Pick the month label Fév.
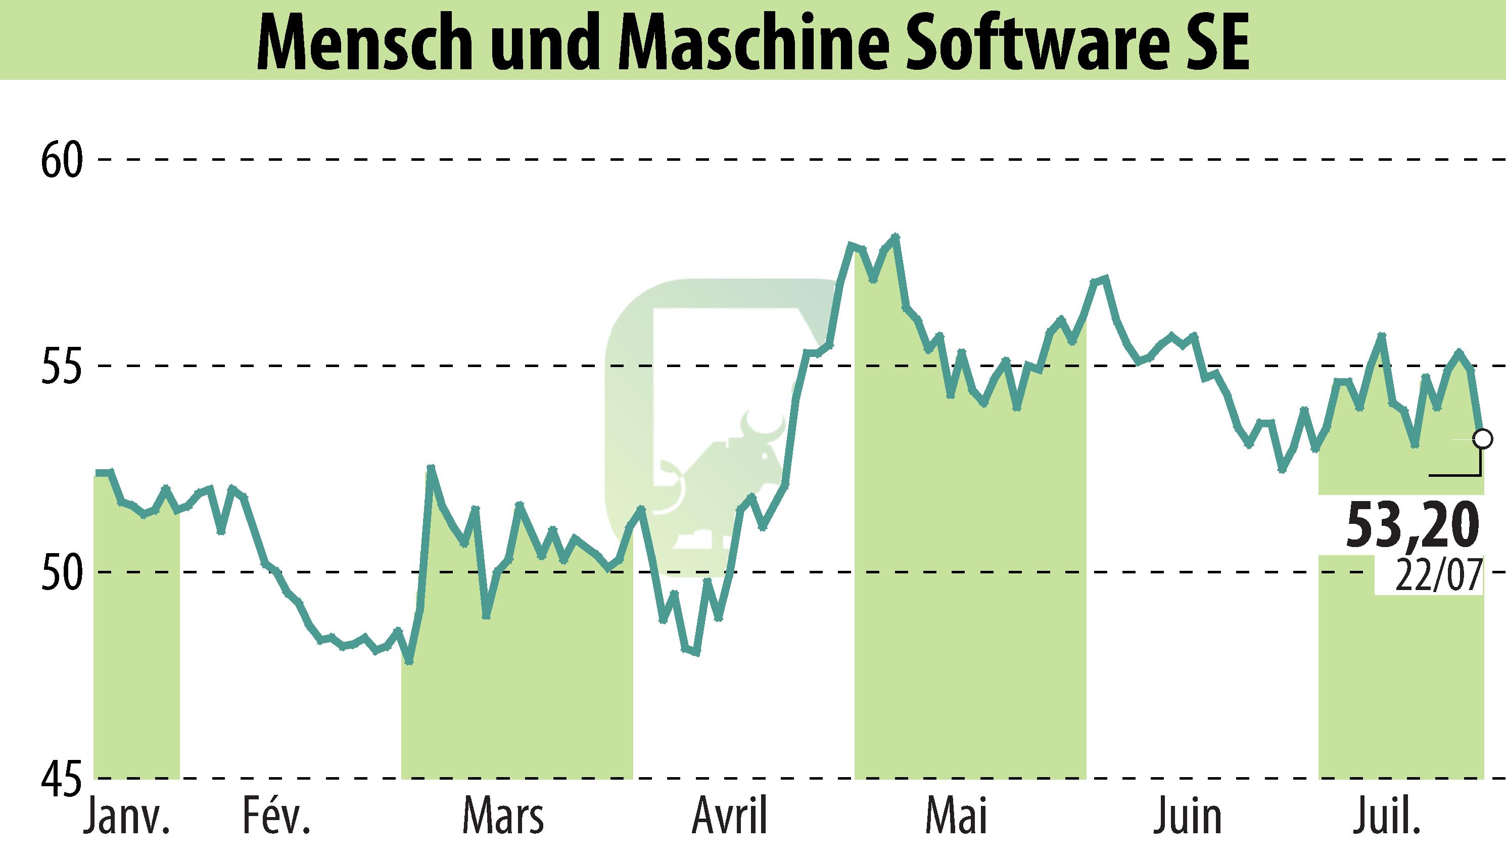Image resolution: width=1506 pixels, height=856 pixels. click(x=276, y=817)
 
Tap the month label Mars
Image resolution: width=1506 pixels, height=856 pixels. click(x=503, y=817)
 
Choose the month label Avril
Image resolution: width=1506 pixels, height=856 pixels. click(x=730, y=817)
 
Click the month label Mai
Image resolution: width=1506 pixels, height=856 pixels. click(x=957, y=817)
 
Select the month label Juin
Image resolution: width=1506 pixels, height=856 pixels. click(x=1187, y=817)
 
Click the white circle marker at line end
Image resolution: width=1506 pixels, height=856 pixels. click(x=1482, y=438)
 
